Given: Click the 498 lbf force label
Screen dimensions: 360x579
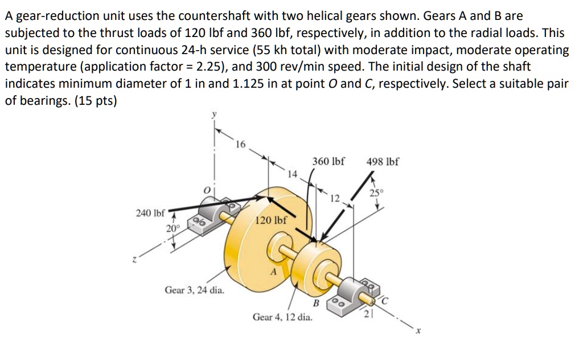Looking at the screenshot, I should tap(383, 161).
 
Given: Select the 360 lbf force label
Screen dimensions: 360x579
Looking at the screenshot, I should tap(328, 161).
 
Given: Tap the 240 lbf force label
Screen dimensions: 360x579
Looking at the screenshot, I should tap(150, 214).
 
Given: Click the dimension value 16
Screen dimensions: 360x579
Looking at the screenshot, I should tap(240, 144).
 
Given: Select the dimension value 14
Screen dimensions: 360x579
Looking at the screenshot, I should tap(292, 173).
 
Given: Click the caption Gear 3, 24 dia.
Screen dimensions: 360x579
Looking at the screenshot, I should tap(194, 290).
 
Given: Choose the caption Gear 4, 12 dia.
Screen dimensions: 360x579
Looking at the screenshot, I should tap(282, 317).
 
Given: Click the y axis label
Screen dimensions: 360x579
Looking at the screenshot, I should tap(215, 114).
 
